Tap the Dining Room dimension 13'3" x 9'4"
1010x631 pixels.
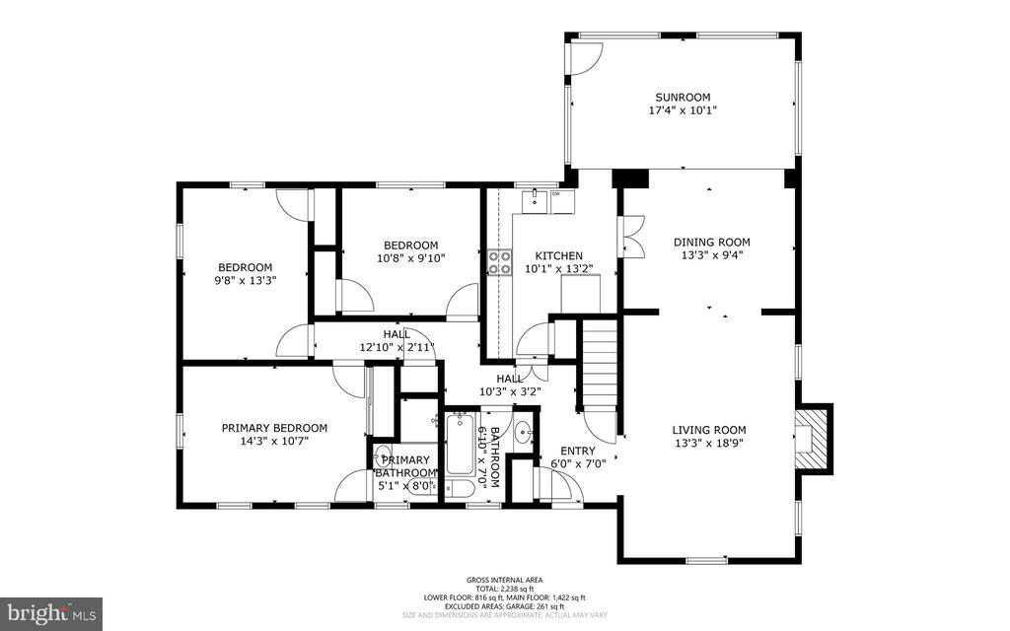[711, 254]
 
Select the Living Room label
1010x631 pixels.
[709, 430]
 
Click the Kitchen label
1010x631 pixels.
[558, 255]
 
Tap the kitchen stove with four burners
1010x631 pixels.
[500, 262]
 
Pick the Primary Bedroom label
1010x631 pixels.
[274, 428]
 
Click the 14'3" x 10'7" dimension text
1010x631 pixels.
[274, 441]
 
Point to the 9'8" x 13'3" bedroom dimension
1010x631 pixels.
[245, 280]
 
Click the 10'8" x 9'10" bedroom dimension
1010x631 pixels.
[410, 258]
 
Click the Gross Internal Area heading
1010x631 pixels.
[505, 580]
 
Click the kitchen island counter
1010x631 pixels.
[580, 293]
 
